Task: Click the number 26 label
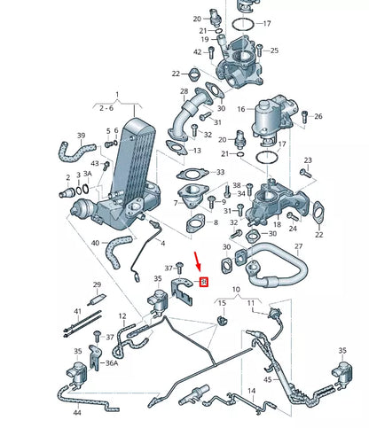coord(318,116)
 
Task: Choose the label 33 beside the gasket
coord(220,172)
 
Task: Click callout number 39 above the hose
coord(81,136)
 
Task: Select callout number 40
coord(95,242)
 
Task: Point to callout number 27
coord(298,246)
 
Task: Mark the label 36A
coord(112,363)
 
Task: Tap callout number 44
coord(75,413)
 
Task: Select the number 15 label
coord(222,304)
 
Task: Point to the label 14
coord(251,390)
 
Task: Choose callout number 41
coord(77,311)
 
